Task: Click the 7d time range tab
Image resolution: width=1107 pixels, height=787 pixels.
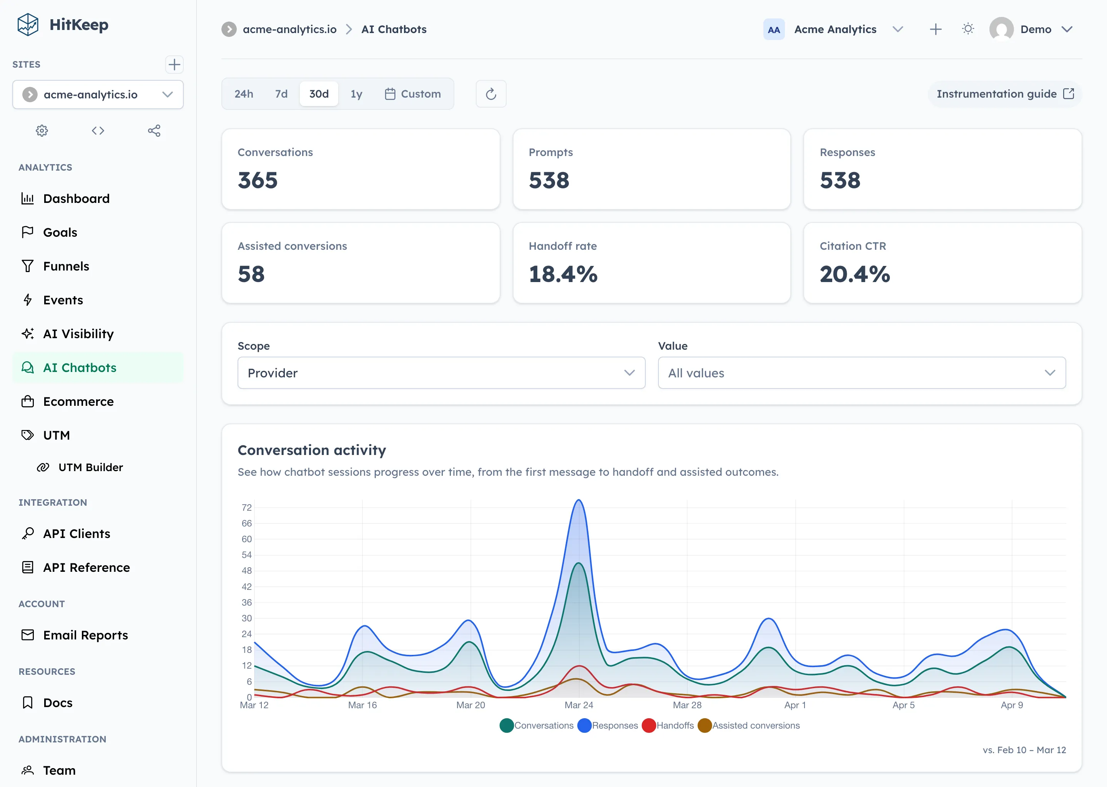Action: tap(281, 94)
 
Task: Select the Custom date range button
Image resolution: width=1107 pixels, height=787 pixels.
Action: tap(413, 94)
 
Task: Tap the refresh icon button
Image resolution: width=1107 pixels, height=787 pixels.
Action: tap(491, 94)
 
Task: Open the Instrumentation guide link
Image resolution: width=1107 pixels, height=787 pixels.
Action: tap(1005, 94)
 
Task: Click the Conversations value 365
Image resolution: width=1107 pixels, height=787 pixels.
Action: tap(258, 181)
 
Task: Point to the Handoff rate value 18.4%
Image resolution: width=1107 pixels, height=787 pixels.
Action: tap(563, 274)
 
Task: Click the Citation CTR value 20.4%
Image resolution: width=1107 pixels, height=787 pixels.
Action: tap(854, 274)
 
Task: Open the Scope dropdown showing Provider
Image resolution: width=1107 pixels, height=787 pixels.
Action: tap(441, 373)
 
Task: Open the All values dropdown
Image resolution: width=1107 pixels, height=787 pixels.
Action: tap(861, 373)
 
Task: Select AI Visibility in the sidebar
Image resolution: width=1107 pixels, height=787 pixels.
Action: tap(78, 334)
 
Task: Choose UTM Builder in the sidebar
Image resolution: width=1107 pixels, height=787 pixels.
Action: tap(90, 467)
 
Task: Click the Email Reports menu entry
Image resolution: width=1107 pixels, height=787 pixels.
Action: tap(85, 635)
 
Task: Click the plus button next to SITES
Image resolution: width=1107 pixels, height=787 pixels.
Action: tap(174, 65)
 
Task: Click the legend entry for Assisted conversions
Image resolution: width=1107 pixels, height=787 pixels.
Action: tap(749, 726)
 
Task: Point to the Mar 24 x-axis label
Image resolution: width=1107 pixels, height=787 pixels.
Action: tap(579, 705)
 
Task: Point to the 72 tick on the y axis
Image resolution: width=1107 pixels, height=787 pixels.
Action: tap(247, 507)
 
